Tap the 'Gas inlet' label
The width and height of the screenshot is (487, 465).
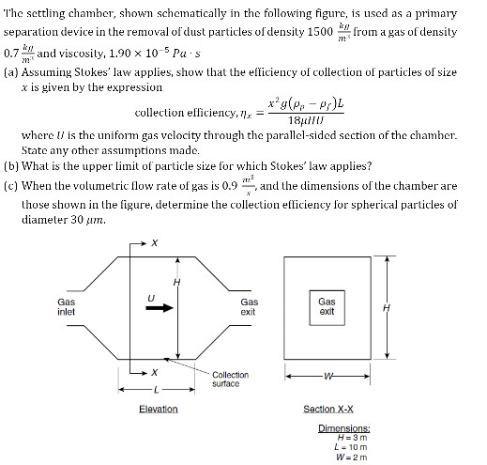coord(67,307)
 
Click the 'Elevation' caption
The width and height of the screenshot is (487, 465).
coord(157,410)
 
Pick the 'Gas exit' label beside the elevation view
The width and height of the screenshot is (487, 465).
coord(248,307)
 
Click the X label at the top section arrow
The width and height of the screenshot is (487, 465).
coord(155,243)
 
